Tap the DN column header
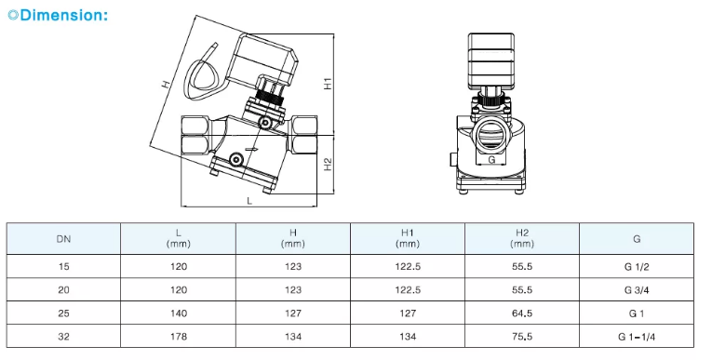(x=63, y=239)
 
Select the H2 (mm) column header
(x=522, y=238)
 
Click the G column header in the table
(x=637, y=239)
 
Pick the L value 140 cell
(x=179, y=313)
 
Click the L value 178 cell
(x=179, y=337)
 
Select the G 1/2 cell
(x=637, y=267)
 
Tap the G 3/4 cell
(x=637, y=290)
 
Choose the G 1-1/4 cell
(x=637, y=337)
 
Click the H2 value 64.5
(x=522, y=313)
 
